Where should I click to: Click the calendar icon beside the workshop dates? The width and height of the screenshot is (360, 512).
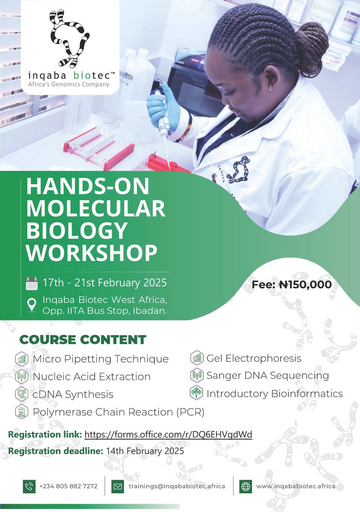coord(32,283)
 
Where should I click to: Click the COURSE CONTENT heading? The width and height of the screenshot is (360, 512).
coord(83,340)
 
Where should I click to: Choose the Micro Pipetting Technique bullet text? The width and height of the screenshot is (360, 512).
coord(101,359)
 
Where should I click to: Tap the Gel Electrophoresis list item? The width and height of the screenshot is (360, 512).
coord(254,358)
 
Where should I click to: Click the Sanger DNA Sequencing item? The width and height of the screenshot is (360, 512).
coord(267,375)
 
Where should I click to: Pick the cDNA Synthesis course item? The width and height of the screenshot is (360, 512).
coord(73,394)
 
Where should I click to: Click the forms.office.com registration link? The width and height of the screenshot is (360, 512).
coord(168,434)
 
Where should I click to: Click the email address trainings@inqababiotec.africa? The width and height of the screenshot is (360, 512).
coord(177,486)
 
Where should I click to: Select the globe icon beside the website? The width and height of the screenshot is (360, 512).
coord(246,486)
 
